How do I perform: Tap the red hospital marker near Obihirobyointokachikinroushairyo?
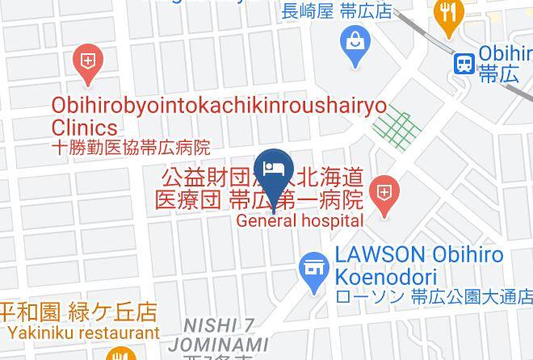(x=86, y=63)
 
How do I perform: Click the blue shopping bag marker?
(x=355, y=39)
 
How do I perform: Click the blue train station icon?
(x=464, y=63)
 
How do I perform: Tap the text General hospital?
(x=300, y=220)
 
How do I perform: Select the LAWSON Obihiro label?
(x=420, y=255)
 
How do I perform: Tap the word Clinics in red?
(x=84, y=128)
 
